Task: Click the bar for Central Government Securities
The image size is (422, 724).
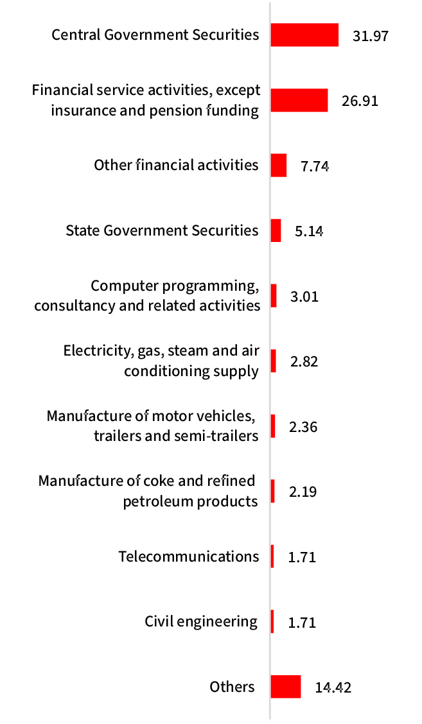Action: pyautogui.click(x=304, y=35)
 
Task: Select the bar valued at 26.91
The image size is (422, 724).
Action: pyautogui.click(x=299, y=100)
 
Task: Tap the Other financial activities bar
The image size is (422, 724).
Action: pyautogui.click(x=279, y=165)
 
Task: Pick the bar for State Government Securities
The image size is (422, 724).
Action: pyautogui.click(x=276, y=230)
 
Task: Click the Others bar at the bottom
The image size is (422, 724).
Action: pyautogui.click(x=286, y=687)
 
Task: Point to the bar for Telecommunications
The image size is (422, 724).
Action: pyautogui.click(x=272, y=556)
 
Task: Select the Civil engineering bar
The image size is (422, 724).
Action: pyautogui.click(x=272, y=621)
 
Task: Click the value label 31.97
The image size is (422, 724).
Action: pyautogui.click(x=371, y=35)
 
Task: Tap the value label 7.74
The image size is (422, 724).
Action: pyautogui.click(x=315, y=166)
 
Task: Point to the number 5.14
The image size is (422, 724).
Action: pyautogui.click(x=308, y=231)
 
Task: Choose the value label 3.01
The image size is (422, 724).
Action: pyautogui.click(x=304, y=297)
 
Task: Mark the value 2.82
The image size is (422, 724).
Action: pyautogui.click(x=304, y=361)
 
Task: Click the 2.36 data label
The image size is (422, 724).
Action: pyautogui.click(x=303, y=427)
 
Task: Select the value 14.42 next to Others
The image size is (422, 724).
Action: pyautogui.click(x=333, y=688)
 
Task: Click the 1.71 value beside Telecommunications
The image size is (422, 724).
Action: pyautogui.click(x=302, y=557)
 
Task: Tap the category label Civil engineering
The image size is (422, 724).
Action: pyautogui.click(x=200, y=621)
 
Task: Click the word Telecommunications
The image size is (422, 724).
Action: pyautogui.click(x=189, y=556)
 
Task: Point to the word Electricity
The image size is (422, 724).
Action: pyautogui.click(x=96, y=351)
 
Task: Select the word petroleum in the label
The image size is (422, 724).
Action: pyautogui.click(x=155, y=501)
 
